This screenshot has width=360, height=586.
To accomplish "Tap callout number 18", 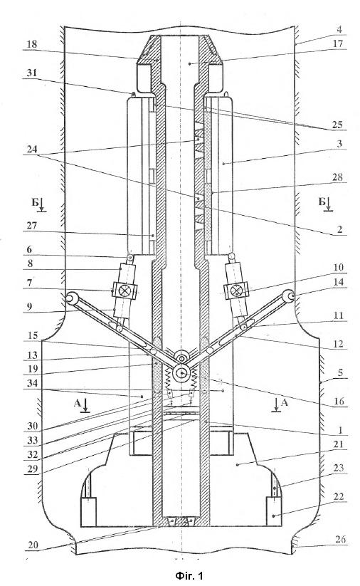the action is [x=32, y=44].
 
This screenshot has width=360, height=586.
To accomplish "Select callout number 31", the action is [x=32, y=72].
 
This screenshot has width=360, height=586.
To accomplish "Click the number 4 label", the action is [x=339, y=29].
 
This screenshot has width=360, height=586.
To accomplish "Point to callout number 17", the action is [x=338, y=43].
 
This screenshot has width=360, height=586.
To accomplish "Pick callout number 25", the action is [x=337, y=125].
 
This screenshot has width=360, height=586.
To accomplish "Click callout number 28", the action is [x=337, y=177].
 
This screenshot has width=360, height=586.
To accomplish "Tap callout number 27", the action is [x=32, y=226].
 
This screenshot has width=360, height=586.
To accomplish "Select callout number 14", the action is [x=338, y=282].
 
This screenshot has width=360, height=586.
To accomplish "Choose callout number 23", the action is [x=338, y=468].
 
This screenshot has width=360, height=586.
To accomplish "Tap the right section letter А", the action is [x=284, y=402].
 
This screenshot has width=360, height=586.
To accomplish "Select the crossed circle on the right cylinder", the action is [x=236, y=290].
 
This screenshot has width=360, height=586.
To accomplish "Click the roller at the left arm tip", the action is [x=70, y=298].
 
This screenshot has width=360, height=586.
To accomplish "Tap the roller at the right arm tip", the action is [x=288, y=296].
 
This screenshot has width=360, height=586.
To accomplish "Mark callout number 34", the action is [x=32, y=383].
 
